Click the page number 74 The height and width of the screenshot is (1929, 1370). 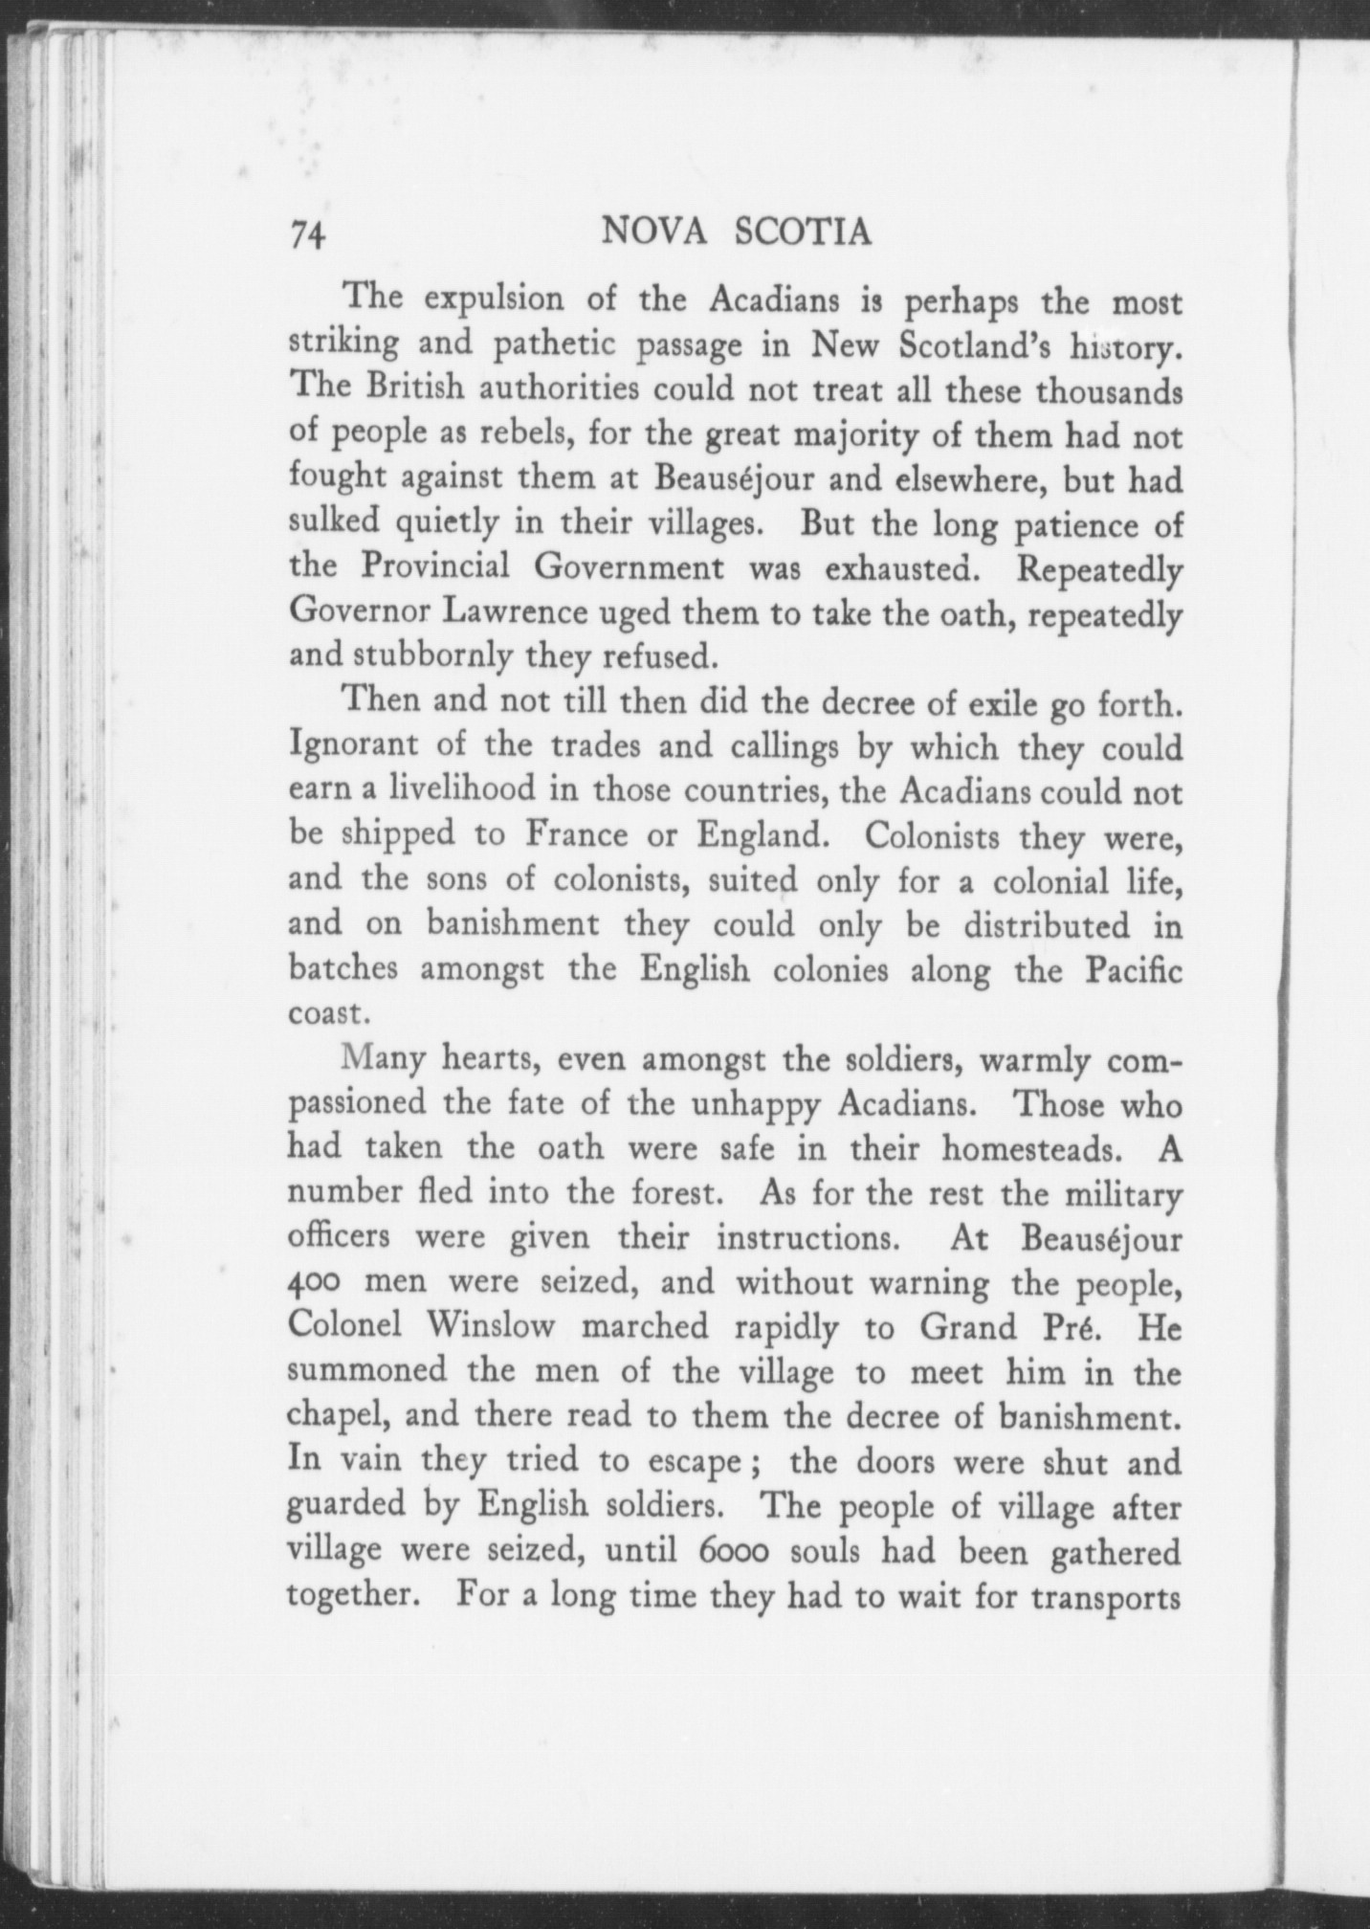click(308, 235)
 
